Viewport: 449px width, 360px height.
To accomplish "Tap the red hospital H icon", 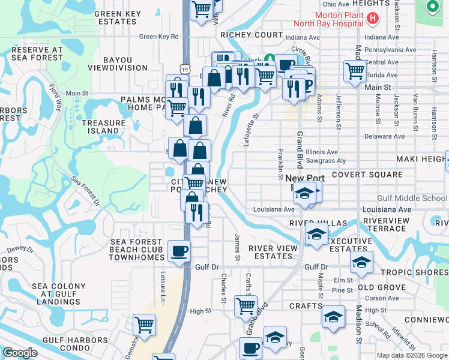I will click(x=373, y=19).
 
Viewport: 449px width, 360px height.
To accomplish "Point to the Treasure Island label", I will click(x=103, y=127).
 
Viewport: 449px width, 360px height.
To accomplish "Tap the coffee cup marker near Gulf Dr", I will click(x=178, y=251).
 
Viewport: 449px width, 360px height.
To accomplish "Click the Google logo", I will click(x=20, y=353).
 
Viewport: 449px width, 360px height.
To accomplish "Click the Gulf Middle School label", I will click(x=412, y=198).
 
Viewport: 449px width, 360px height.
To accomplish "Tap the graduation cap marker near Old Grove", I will click(x=361, y=262).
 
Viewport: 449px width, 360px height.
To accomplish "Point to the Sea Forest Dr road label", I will click(x=85, y=191).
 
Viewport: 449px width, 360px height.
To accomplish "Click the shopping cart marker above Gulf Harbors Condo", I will click(x=145, y=325).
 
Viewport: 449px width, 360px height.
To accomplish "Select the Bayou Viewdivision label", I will click(x=126, y=64).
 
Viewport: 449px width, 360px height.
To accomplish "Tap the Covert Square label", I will click(x=367, y=175).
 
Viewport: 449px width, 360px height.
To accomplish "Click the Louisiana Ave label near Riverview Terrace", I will click(x=387, y=209).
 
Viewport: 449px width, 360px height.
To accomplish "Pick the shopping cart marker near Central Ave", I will click(x=355, y=71).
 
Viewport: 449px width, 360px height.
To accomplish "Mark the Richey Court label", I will click(x=251, y=35).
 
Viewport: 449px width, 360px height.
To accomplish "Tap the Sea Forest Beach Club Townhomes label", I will click(x=137, y=250).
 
